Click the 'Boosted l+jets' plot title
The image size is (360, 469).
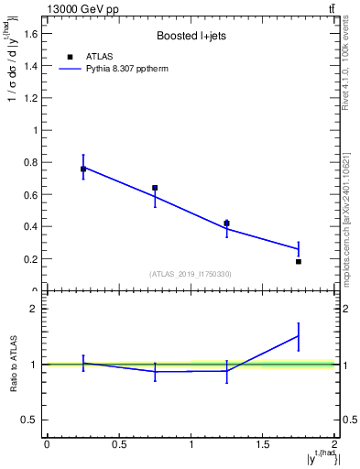pos(191,37)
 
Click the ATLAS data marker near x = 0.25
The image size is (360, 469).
pos(83,169)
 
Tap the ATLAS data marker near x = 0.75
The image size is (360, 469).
pos(155,188)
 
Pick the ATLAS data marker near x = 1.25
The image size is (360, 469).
pos(226,223)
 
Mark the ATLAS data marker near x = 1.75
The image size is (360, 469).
pos(299,261)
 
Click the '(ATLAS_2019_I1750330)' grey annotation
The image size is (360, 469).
pos(191,274)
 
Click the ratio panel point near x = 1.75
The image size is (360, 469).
pos(299,336)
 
